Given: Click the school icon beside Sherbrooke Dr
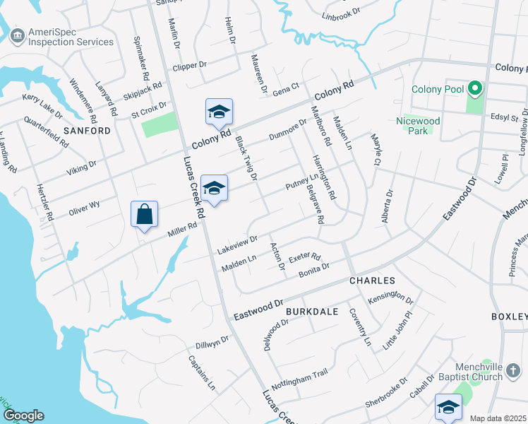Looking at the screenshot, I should [x=448, y=408].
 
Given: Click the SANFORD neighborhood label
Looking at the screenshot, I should [x=87, y=131].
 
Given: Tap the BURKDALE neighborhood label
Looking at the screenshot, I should [x=312, y=311].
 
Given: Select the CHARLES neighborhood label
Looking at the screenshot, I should [x=371, y=281].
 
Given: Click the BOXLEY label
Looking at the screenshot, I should [x=510, y=317].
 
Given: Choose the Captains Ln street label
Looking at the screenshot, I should [x=202, y=372].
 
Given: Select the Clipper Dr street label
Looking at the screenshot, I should [x=188, y=64].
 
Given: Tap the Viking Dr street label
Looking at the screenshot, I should [x=81, y=167].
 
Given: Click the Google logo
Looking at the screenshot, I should [x=23, y=416].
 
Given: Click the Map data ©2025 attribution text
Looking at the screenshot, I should [x=498, y=418].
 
